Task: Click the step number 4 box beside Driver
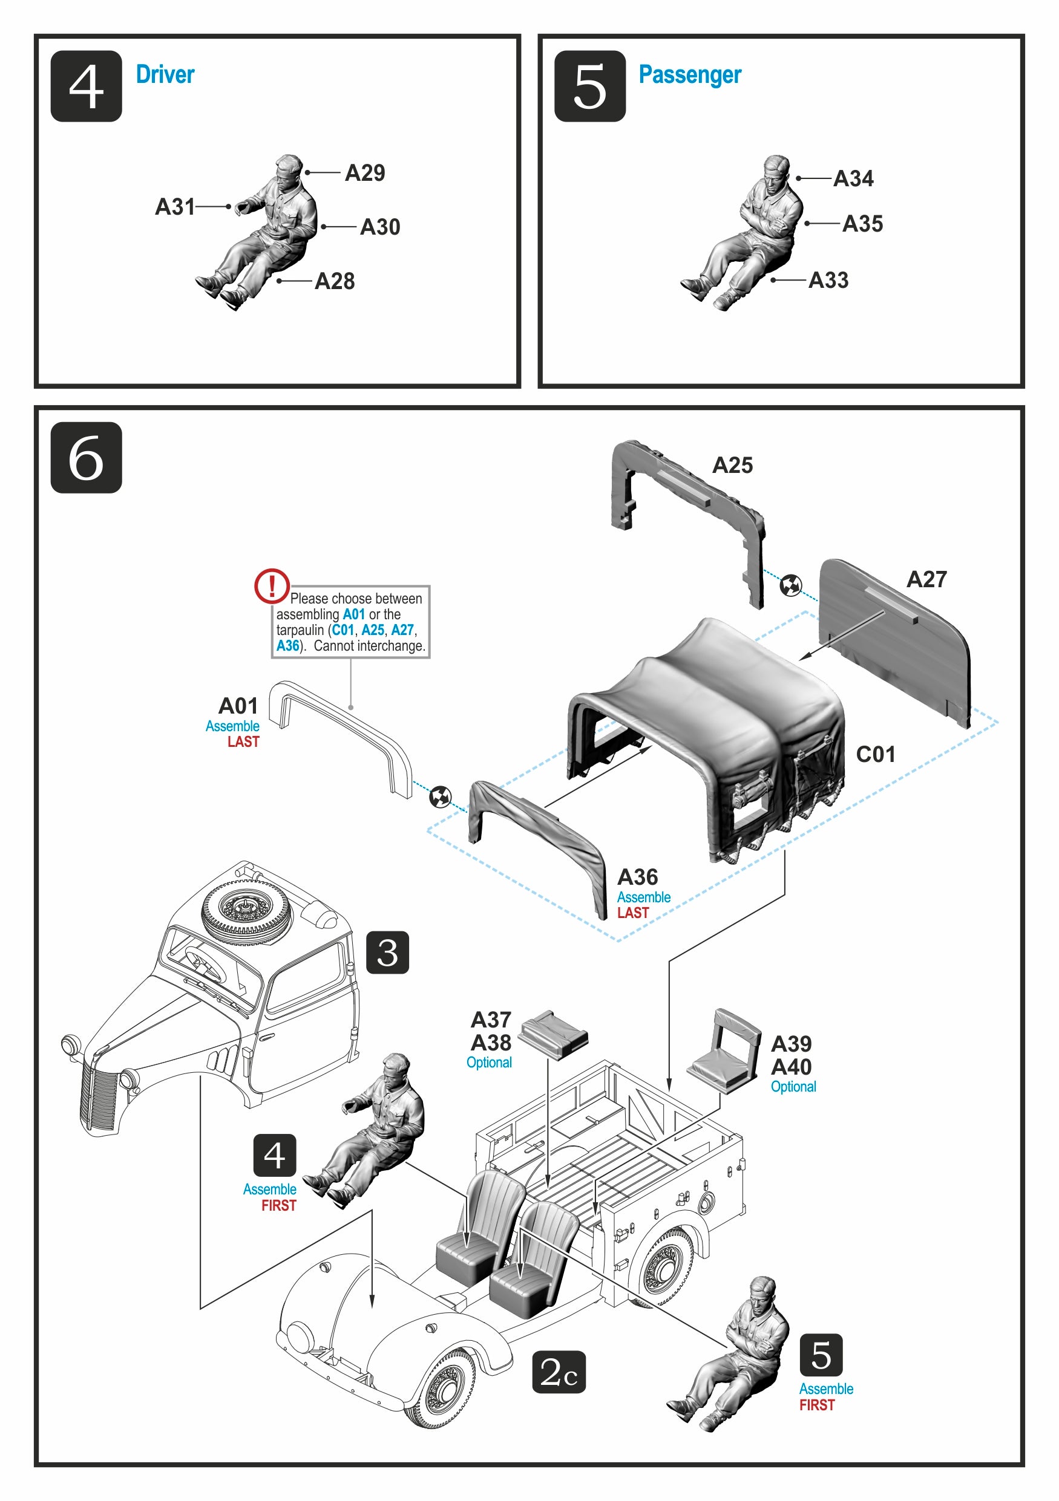[86, 86]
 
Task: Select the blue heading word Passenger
[689, 74]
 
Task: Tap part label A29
[364, 172]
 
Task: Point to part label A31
[175, 207]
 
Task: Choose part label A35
[862, 224]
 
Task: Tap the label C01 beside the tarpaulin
[875, 754]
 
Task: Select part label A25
[732, 465]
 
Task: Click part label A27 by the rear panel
[926, 579]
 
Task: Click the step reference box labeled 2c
[558, 1372]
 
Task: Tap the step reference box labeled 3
[387, 952]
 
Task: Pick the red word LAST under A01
[243, 742]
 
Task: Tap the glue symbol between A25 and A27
[791, 585]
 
